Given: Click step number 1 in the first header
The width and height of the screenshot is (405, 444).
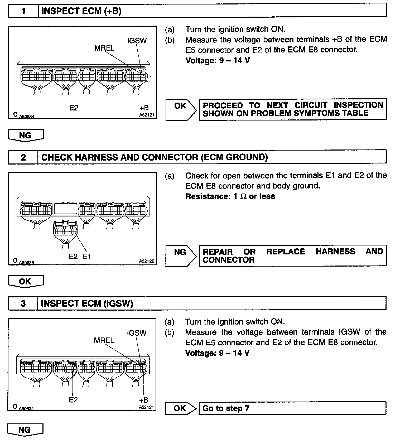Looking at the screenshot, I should click(x=23, y=11).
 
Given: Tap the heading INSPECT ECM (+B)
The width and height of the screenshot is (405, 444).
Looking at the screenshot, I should click(x=81, y=11).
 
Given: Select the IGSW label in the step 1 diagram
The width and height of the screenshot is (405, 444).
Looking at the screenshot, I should click(x=137, y=41).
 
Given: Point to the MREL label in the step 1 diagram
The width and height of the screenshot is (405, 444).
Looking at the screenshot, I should click(x=104, y=48).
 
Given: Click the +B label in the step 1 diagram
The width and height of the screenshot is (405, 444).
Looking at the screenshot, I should click(x=144, y=108).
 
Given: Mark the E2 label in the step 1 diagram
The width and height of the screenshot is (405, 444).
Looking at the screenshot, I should click(x=74, y=108).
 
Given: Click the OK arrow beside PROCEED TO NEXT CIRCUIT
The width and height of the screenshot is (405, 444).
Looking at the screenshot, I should click(x=181, y=109).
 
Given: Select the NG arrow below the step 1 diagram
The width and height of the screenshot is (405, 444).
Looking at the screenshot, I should click(x=26, y=136).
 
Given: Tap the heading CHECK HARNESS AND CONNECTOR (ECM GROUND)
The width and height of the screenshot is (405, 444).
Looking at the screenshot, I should click(x=155, y=157).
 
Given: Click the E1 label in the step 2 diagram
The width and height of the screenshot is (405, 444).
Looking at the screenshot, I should click(x=87, y=256).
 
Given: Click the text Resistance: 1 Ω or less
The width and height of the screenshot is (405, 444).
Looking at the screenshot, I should click(x=230, y=196).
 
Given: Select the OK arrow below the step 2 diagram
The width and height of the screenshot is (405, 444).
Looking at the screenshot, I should click(x=25, y=282).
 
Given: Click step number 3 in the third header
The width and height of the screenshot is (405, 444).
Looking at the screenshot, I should click(x=23, y=303).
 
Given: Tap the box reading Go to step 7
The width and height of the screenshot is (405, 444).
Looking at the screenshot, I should click(x=292, y=408).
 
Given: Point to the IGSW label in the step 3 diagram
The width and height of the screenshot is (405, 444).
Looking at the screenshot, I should click(x=137, y=333).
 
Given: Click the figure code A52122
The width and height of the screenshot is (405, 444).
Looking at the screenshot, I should click(x=147, y=261).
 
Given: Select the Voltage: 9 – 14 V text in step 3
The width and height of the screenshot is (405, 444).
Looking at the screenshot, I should click(x=217, y=353).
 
